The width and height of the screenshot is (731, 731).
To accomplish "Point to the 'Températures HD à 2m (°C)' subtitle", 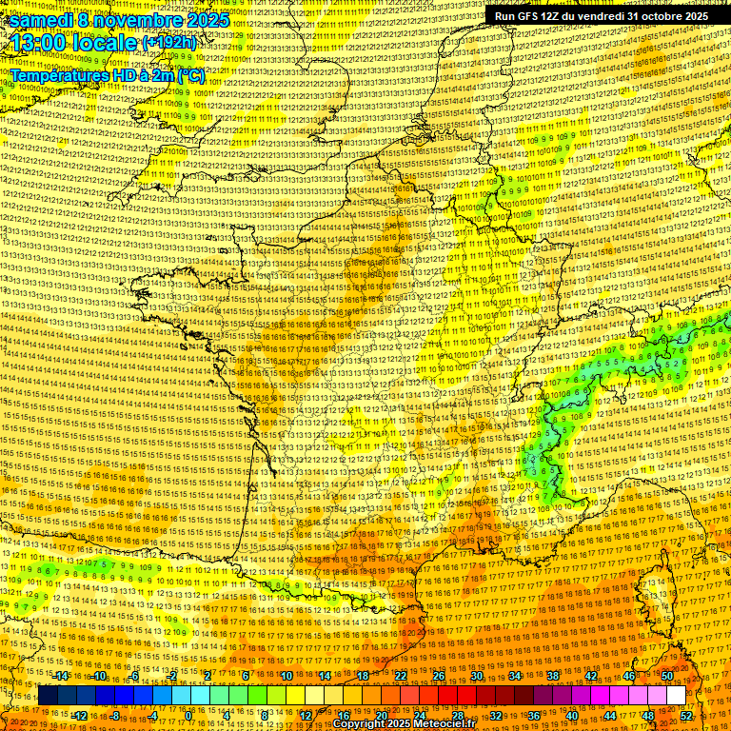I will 107,74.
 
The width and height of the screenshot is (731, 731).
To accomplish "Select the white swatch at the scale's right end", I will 676,696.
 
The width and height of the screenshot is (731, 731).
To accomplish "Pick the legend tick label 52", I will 687,715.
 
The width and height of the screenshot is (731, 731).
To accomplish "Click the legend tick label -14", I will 61,676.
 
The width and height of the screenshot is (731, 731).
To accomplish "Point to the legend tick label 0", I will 189,715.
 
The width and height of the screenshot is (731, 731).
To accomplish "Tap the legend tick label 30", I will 476,676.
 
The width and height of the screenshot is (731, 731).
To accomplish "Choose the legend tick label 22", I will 400,676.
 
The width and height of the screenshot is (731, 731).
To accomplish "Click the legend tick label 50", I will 667,676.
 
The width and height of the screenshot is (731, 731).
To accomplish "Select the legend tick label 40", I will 571,715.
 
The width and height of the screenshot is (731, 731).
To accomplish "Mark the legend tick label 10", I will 286,676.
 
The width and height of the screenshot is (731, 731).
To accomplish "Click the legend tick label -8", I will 114,715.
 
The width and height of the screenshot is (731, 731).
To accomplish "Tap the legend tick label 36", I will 533,715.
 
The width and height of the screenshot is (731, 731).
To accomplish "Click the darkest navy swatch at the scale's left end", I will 48,696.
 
